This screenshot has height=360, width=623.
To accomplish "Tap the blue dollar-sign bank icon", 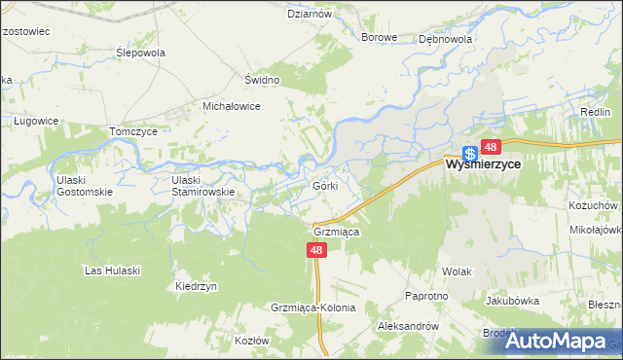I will coord(470,152).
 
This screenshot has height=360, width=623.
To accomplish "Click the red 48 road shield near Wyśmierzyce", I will coord(490,147).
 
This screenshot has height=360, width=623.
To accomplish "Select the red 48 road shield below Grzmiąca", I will coord(315,250).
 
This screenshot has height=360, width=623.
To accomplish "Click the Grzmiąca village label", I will coord(337,233).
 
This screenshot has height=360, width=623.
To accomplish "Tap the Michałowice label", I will coord(231,106).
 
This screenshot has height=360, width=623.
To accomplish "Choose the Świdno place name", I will coord(262,80).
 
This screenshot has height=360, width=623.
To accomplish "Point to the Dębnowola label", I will coord(445,40).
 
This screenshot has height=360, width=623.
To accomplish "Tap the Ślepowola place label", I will coord(140,53).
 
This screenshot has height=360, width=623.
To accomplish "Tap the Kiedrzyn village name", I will coord(196,287).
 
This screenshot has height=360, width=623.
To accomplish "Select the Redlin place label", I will coord(595,113).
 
